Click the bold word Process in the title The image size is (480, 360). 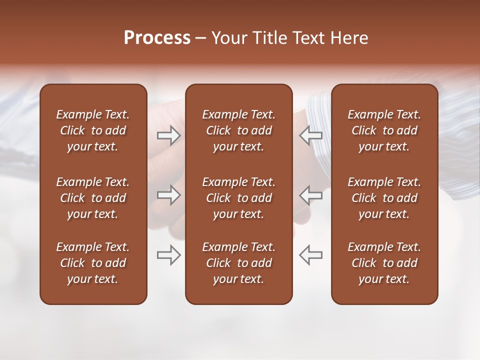coord(157,38)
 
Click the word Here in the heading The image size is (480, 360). coord(349,38)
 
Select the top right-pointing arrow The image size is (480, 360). coord(168,135)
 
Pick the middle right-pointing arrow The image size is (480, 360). coord(168,194)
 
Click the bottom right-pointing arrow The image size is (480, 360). coord(168,254)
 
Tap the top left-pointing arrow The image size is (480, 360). coord(310,135)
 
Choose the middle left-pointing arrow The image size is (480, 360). coord(310,194)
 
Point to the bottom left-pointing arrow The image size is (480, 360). coord(310,254)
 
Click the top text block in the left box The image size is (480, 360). coord(93,130)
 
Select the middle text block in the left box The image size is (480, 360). coord(93,198)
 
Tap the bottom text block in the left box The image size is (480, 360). coord(93,263)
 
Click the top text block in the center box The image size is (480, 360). coord(238,130)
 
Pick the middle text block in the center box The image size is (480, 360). coord(238,198)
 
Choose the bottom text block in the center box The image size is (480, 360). coord(238,263)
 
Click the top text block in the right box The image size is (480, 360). coord(384,130)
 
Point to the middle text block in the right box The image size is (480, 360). coord(384,198)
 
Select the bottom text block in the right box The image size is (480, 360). coord(384,263)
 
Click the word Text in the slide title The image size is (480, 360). coord(308,38)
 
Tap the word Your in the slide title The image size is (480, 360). coord(228,38)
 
